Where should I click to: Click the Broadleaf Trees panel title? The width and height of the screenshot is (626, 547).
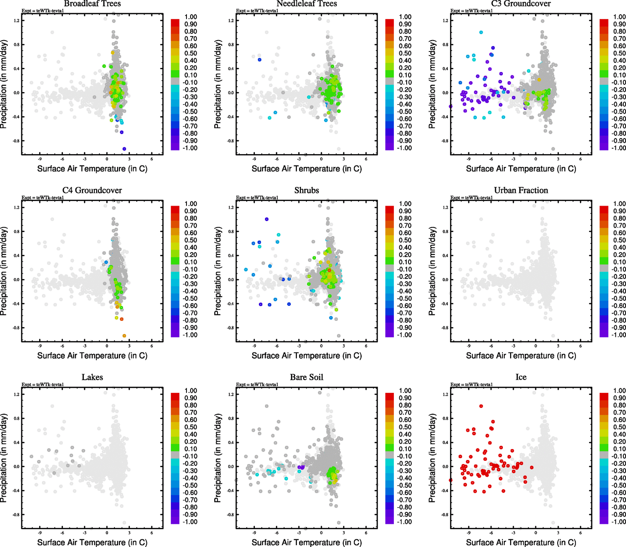click(x=92, y=4)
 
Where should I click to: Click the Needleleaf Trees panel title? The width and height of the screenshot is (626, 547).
click(x=306, y=4)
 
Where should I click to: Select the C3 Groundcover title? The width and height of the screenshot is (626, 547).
click(x=521, y=4)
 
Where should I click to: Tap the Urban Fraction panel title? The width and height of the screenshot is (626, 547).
click(x=521, y=191)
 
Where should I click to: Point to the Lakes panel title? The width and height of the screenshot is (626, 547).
click(x=92, y=377)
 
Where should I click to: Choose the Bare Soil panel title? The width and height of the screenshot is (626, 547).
click(x=306, y=377)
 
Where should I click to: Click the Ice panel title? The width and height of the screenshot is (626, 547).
click(x=521, y=377)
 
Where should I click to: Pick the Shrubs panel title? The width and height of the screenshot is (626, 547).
click(x=306, y=191)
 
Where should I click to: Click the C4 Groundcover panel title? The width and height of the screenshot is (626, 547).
click(x=92, y=191)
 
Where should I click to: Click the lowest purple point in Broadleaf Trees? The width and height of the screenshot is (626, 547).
click(x=124, y=149)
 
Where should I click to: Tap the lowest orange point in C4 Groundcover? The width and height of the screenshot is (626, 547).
click(x=124, y=336)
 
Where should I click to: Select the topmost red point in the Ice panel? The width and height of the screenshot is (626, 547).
click(x=481, y=406)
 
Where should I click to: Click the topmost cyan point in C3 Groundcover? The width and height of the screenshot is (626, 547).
click(x=481, y=32)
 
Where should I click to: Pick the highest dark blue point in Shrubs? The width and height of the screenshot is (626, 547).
click(x=267, y=219)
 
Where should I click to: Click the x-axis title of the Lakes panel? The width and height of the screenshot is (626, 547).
click(x=92, y=542)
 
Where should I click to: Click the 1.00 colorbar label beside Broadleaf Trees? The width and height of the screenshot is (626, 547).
click(x=191, y=17)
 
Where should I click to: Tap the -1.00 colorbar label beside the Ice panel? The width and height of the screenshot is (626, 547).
click(x=619, y=522)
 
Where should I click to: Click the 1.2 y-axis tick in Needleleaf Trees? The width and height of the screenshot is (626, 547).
click(x=231, y=21)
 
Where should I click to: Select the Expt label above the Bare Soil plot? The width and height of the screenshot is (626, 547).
click(x=257, y=385)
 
